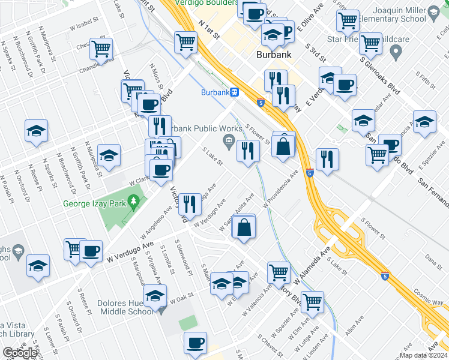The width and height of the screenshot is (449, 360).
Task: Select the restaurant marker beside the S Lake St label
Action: tap(247, 151)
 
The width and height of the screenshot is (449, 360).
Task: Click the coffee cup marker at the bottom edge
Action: tap(195, 343)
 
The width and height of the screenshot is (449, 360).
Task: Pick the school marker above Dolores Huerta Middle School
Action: tap(155, 296)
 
